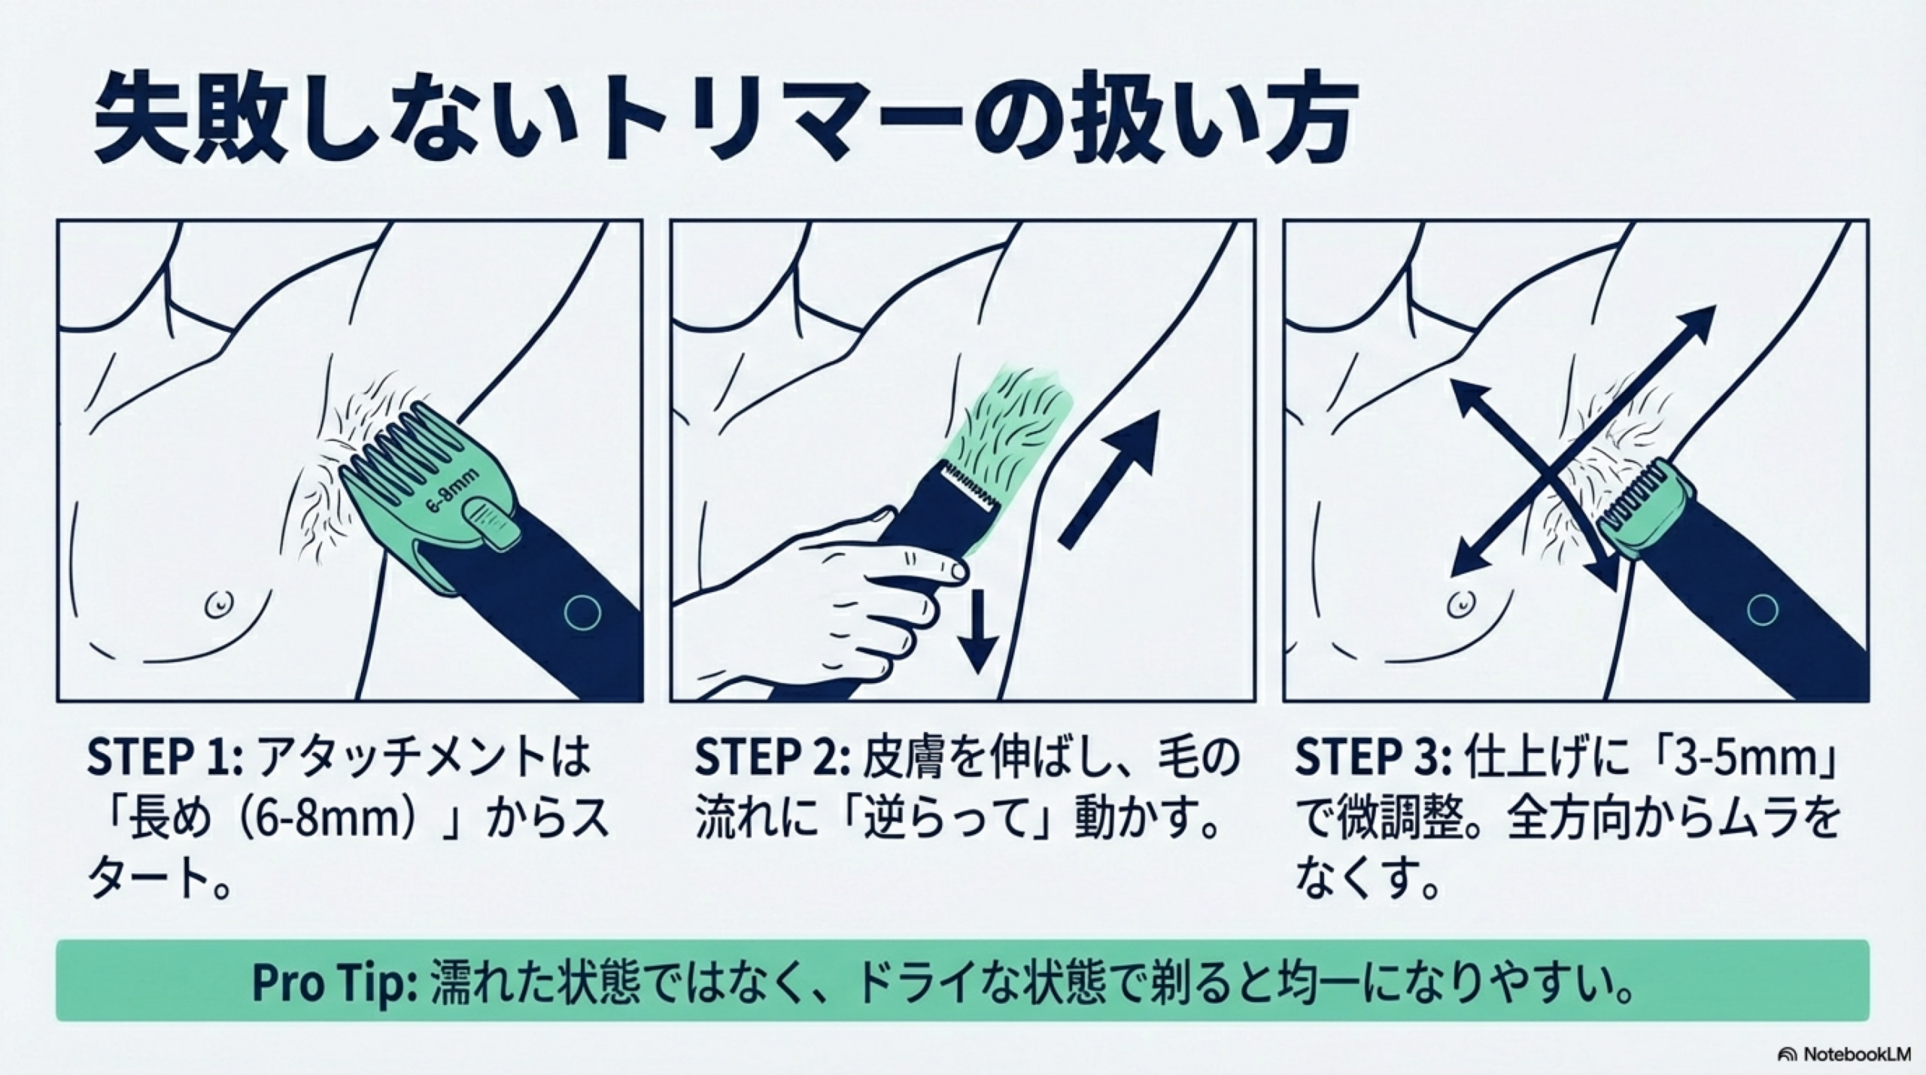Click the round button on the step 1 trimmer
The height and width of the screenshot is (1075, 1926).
coord(583,612)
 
